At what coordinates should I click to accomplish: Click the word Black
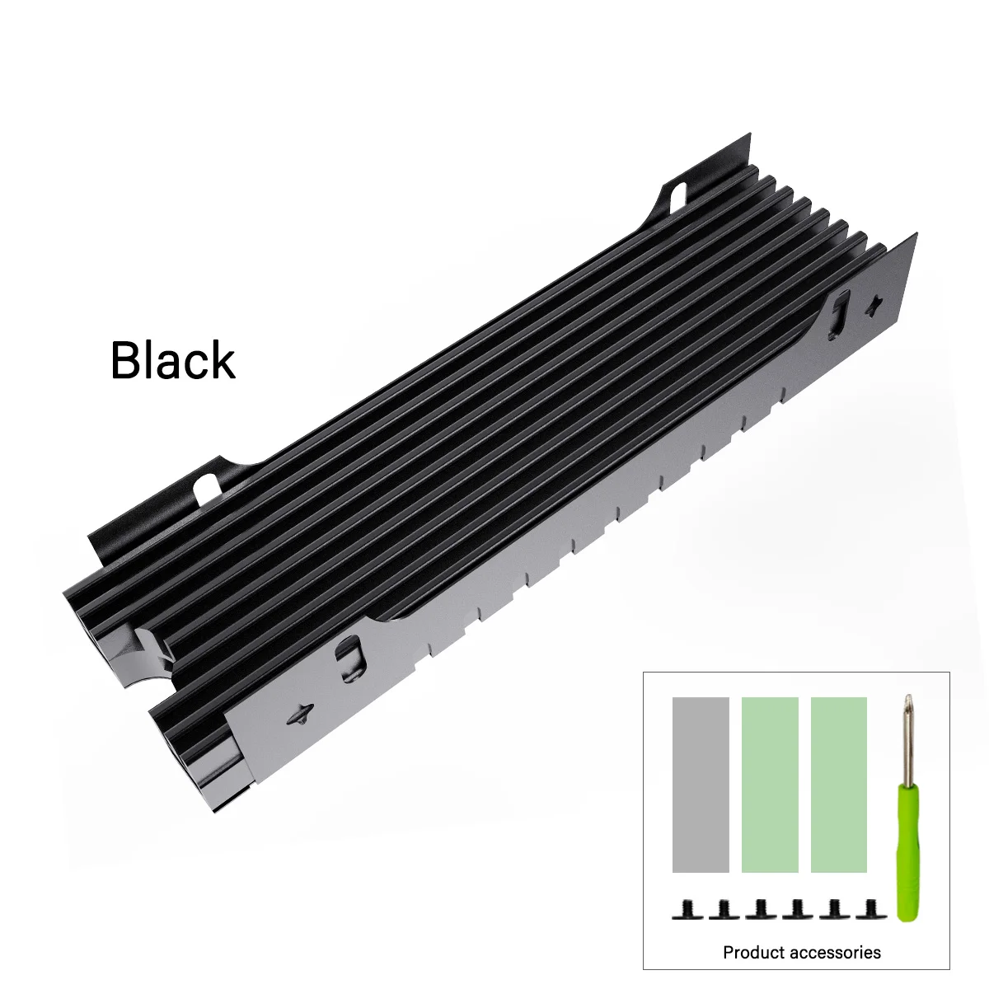pos(173,360)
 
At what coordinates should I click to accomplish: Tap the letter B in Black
pos(125,360)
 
